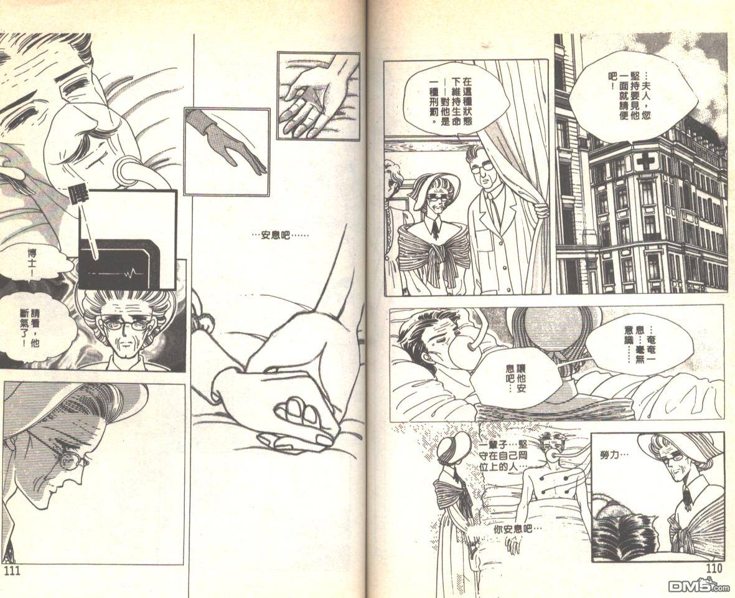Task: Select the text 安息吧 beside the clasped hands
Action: coord(280,234)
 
